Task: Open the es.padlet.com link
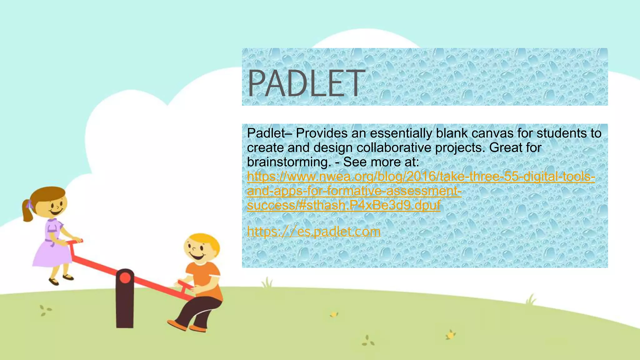(313, 232)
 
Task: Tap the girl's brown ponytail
(27, 211)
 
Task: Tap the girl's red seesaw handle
(75, 242)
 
